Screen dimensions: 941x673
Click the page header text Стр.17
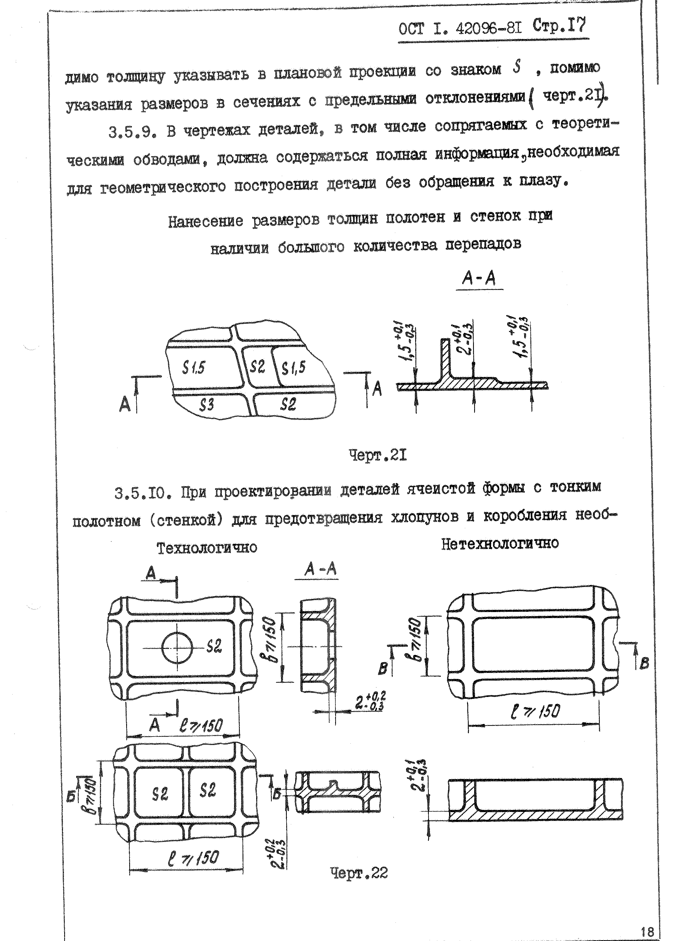(559, 27)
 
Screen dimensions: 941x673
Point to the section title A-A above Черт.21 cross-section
(479, 278)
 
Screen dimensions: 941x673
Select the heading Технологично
(207, 548)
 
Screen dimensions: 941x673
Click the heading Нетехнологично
(500, 543)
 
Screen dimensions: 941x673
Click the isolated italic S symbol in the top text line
(516, 67)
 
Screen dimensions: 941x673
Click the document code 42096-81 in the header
(488, 29)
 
